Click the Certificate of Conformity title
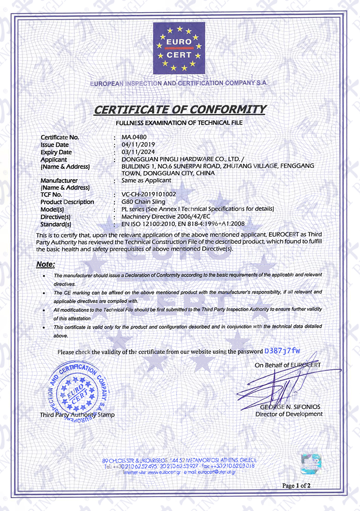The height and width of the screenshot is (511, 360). coord(180,109)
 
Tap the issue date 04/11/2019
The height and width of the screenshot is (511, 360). coord(138,145)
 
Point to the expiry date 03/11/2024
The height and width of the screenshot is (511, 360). coord(138,152)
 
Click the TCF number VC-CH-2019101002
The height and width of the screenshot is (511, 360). coord(149,194)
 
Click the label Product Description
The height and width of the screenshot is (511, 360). coord(67,202)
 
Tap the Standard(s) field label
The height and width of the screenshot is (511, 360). coord(56,224)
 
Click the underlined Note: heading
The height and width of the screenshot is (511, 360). coord(45,264)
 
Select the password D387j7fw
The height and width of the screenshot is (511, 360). coord(282,351)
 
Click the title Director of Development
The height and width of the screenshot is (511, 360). coord(289,414)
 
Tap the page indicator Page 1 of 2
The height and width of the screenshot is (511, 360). coord(296,485)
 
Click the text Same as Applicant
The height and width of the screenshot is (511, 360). coord(146,181)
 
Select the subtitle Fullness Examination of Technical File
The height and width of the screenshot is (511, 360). coord(180,122)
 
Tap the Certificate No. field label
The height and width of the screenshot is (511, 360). coord(60,137)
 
